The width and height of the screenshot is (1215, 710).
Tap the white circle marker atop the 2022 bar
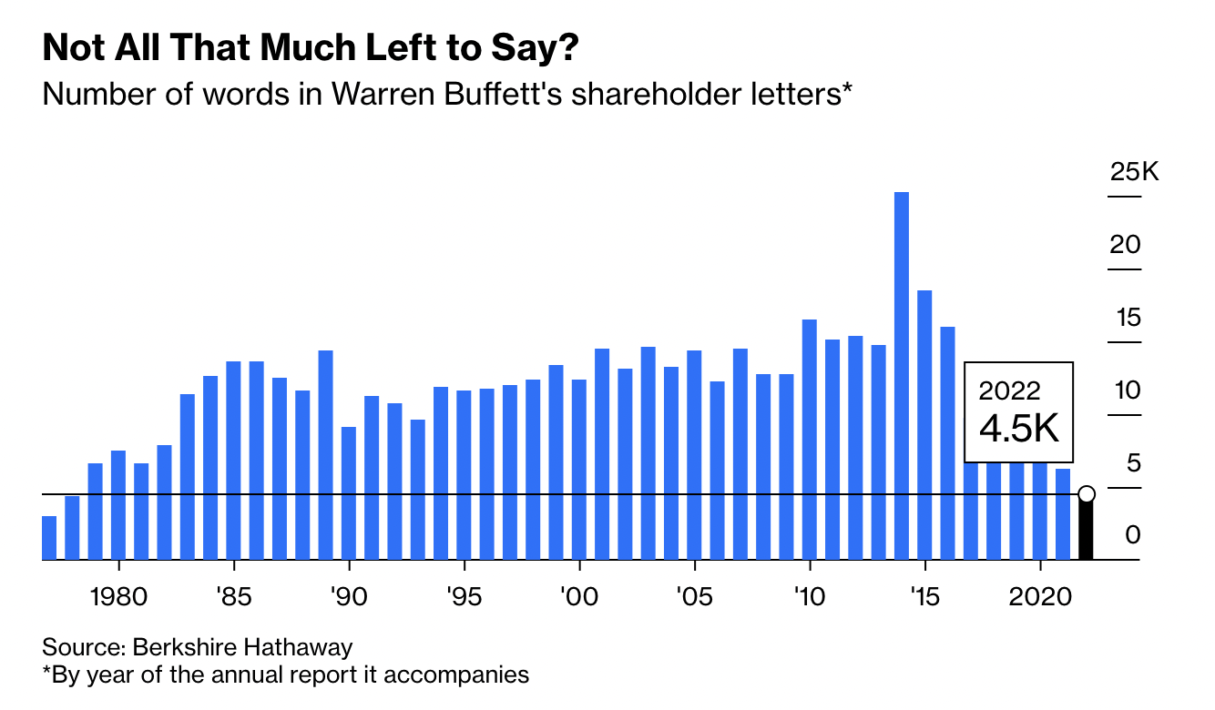[1086, 494]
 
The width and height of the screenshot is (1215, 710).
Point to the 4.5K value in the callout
[1019, 429]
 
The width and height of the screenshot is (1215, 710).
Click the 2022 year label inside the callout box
[1009, 391]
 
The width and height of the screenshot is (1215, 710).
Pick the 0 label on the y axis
[1132, 534]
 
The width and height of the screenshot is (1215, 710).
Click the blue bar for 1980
[118, 505]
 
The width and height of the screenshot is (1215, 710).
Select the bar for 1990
[349, 493]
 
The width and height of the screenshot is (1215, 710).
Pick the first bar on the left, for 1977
[49, 538]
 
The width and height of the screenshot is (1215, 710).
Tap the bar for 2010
[809, 440]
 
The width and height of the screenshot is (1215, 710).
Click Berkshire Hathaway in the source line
[242, 648]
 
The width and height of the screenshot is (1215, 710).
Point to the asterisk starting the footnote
[47, 674]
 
